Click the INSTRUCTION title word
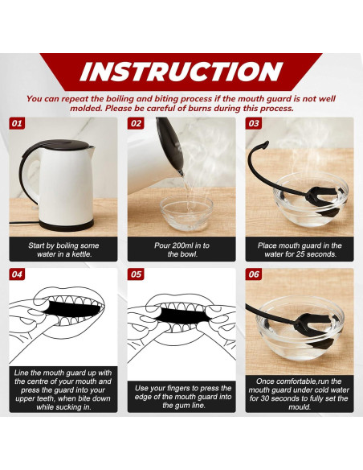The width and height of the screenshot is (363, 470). [181, 72]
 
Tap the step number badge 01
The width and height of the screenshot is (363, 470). [17, 123]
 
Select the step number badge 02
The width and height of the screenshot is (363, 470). [136, 123]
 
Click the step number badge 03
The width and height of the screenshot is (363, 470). [254, 123]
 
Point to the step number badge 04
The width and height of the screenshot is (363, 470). [17, 274]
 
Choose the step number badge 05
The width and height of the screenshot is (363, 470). [136, 274]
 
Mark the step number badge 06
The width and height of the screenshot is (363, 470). [254, 274]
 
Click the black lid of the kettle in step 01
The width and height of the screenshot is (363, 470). [64, 144]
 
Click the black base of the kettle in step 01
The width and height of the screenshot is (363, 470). [67, 225]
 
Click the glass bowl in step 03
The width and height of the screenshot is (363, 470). [311, 200]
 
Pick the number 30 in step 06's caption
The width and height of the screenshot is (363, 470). [265, 398]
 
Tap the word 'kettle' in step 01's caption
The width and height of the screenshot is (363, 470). [81, 254]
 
